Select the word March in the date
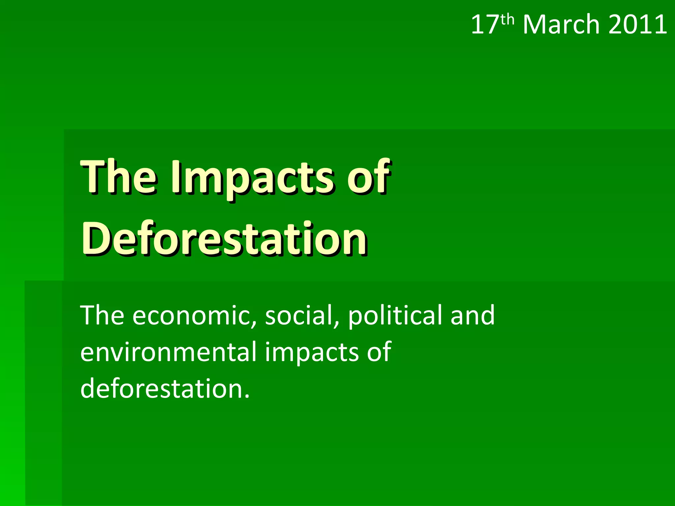coord(561,25)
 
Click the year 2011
coord(637,25)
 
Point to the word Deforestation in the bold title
coord(224,239)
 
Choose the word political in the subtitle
coord(394,316)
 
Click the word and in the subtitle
coord(473,316)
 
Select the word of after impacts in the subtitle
coord(379,352)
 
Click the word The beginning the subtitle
coord(102,316)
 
